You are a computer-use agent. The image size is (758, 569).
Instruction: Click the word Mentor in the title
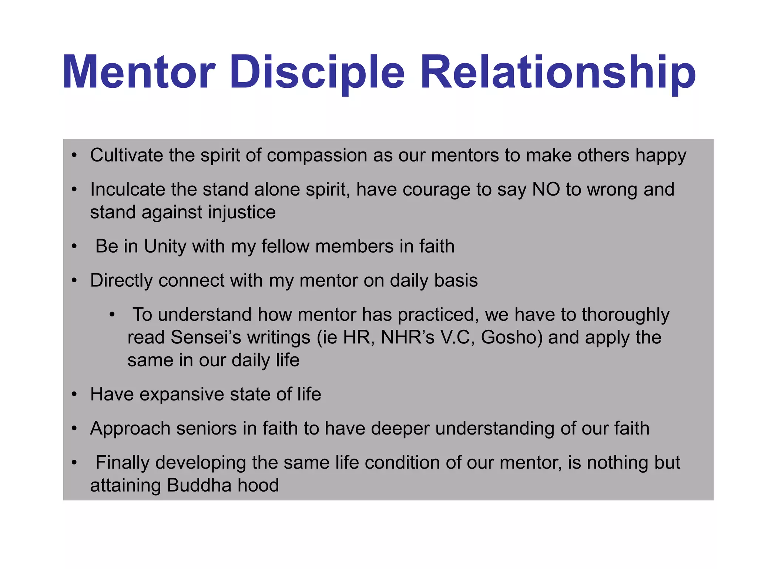(139, 72)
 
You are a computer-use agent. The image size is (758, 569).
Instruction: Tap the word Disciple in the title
(317, 72)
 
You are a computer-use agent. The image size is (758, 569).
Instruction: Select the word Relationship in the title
(558, 72)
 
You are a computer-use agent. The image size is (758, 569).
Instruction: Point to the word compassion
(317, 156)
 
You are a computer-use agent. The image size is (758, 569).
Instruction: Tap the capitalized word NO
(546, 189)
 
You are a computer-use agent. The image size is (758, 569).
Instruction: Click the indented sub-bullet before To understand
(112, 315)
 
